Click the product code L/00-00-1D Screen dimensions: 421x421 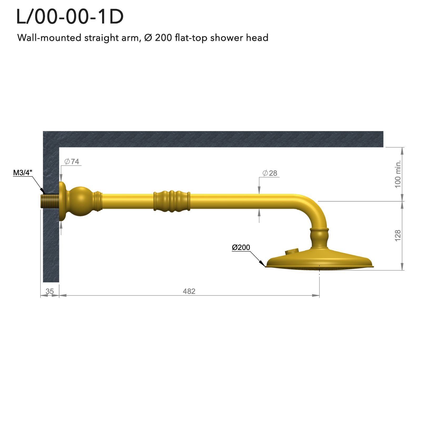pos(70,17)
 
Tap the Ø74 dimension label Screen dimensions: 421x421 pos(72,161)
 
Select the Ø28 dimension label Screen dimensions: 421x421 pos(270,173)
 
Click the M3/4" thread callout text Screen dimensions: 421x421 pos(23,173)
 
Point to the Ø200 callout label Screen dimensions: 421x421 pos(241,247)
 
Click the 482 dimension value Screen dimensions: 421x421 pos(189,291)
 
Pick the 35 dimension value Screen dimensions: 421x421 pos(49,291)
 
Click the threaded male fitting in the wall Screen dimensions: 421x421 pos(49,201)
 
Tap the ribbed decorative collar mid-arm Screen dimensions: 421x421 pos(172,201)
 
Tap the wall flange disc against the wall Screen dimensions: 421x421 pos(62,201)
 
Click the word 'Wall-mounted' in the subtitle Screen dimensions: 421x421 pos(49,38)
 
